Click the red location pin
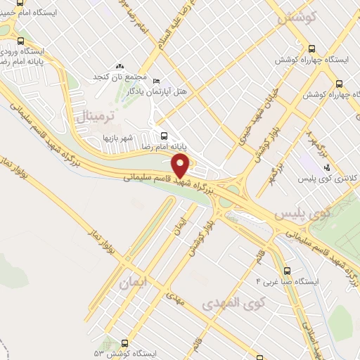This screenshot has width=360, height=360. (181, 167)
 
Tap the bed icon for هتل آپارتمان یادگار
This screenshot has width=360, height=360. (156, 80)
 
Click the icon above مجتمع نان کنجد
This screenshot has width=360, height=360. (119, 65)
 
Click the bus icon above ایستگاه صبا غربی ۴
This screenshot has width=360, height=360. (286, 270)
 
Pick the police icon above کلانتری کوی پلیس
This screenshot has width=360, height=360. (327, 167)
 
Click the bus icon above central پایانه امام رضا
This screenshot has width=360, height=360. (164, 136)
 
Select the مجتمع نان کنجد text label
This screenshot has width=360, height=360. (119, 76)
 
